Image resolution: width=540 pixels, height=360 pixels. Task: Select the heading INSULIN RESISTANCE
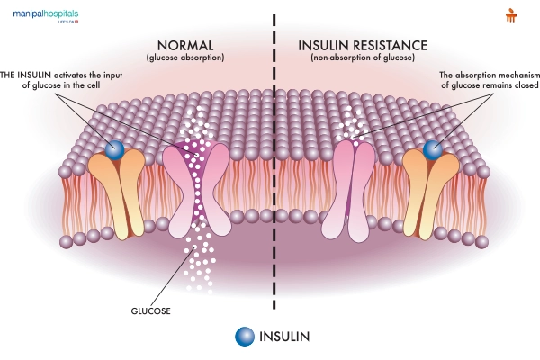[x=357, y=45]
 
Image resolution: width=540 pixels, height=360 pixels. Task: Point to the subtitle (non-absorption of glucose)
[x=357, y=58]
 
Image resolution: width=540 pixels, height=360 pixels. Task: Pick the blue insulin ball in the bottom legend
[x=243, y=337]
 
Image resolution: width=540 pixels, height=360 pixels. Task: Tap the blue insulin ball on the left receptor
[x=115, y=150]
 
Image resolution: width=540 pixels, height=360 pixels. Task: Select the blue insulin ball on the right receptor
[x=434, y=150]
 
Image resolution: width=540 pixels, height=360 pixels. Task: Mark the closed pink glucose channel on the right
[x=354, y=189]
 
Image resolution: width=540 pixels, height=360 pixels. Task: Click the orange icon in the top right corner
[x=512, y=14]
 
